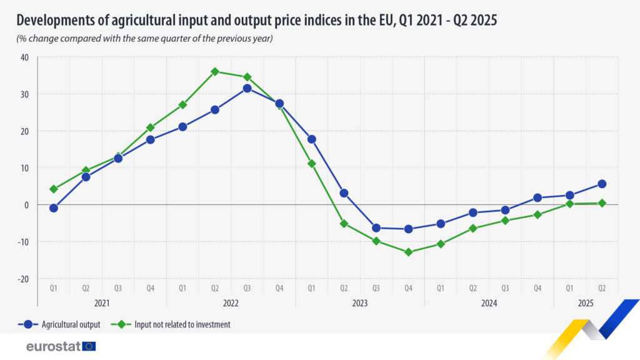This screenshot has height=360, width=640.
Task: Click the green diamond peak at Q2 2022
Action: [x=215, y=71]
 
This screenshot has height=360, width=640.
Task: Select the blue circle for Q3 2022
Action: [x=247, y=88]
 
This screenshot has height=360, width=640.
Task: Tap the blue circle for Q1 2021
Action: [x=54, y=208]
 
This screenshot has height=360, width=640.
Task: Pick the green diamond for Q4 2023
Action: [x=409, y=252]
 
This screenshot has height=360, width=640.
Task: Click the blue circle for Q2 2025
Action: [x=602, y=184]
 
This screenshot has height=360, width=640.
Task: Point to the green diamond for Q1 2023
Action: [x=312, y=164]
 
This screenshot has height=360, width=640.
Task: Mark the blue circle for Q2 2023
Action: [x=344, y=193]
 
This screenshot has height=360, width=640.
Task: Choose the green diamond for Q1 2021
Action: [x=54, y=189]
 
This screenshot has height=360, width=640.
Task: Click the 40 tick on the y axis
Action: [x=25, y=57]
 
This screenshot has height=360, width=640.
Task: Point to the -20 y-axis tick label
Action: [x=23, y=279]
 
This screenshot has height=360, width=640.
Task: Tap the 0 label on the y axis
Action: [x=27, y=205]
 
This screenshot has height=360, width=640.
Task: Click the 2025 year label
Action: [x=586, y=303]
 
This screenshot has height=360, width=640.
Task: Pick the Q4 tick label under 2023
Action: [x=409, y=289]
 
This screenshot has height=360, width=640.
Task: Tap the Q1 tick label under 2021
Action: [x=54, y=289]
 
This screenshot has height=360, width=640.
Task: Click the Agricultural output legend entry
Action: [x=62, y=324]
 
